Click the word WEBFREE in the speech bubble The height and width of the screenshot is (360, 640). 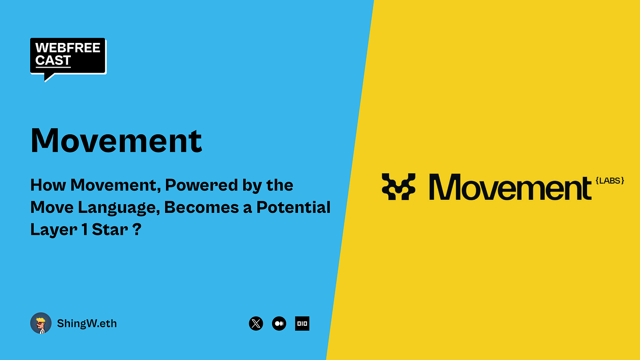pos(68,48)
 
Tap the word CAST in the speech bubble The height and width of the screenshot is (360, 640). pos(53,61)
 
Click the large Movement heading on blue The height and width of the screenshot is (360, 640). pos(116,140)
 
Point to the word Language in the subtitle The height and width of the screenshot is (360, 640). pos(119,207)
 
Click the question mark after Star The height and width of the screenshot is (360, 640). pos(136,229)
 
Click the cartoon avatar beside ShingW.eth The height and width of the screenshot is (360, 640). pos(41,323)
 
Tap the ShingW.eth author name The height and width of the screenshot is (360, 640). pos(87,324)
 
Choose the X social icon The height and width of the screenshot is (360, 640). pos(256,323)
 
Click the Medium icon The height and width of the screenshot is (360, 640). pos(279,323)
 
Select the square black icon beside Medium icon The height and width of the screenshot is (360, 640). pos(302,323)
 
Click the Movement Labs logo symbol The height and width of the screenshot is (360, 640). pos(399,186)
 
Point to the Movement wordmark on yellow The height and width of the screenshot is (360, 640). pos(510,187)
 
